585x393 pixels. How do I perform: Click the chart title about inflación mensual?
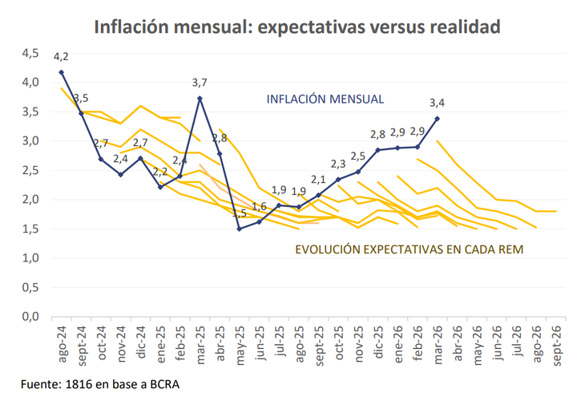click(297, 26)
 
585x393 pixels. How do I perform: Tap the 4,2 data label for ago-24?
click(61, 57)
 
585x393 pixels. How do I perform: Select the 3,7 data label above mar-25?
click(200, 83)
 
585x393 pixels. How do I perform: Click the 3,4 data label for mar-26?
click(438, 103)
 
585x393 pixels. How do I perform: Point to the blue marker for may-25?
click(239, 229)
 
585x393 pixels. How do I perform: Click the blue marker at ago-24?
click(62, 72)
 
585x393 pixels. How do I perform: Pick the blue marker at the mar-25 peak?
click(200, 99)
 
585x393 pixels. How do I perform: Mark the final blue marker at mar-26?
click(438, 119)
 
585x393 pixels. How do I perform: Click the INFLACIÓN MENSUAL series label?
click(325, 99)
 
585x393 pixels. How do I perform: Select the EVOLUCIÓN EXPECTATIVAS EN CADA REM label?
click(409, 249)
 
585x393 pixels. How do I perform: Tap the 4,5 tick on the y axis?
click(30, 53)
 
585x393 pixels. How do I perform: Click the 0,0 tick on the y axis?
click(30, 317)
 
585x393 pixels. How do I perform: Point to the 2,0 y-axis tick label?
click(30, 200)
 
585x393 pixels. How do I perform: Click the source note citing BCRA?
click(100, 383)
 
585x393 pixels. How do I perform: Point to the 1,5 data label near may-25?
click(240, 214)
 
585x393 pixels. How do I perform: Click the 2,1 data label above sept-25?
click(318, 180)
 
